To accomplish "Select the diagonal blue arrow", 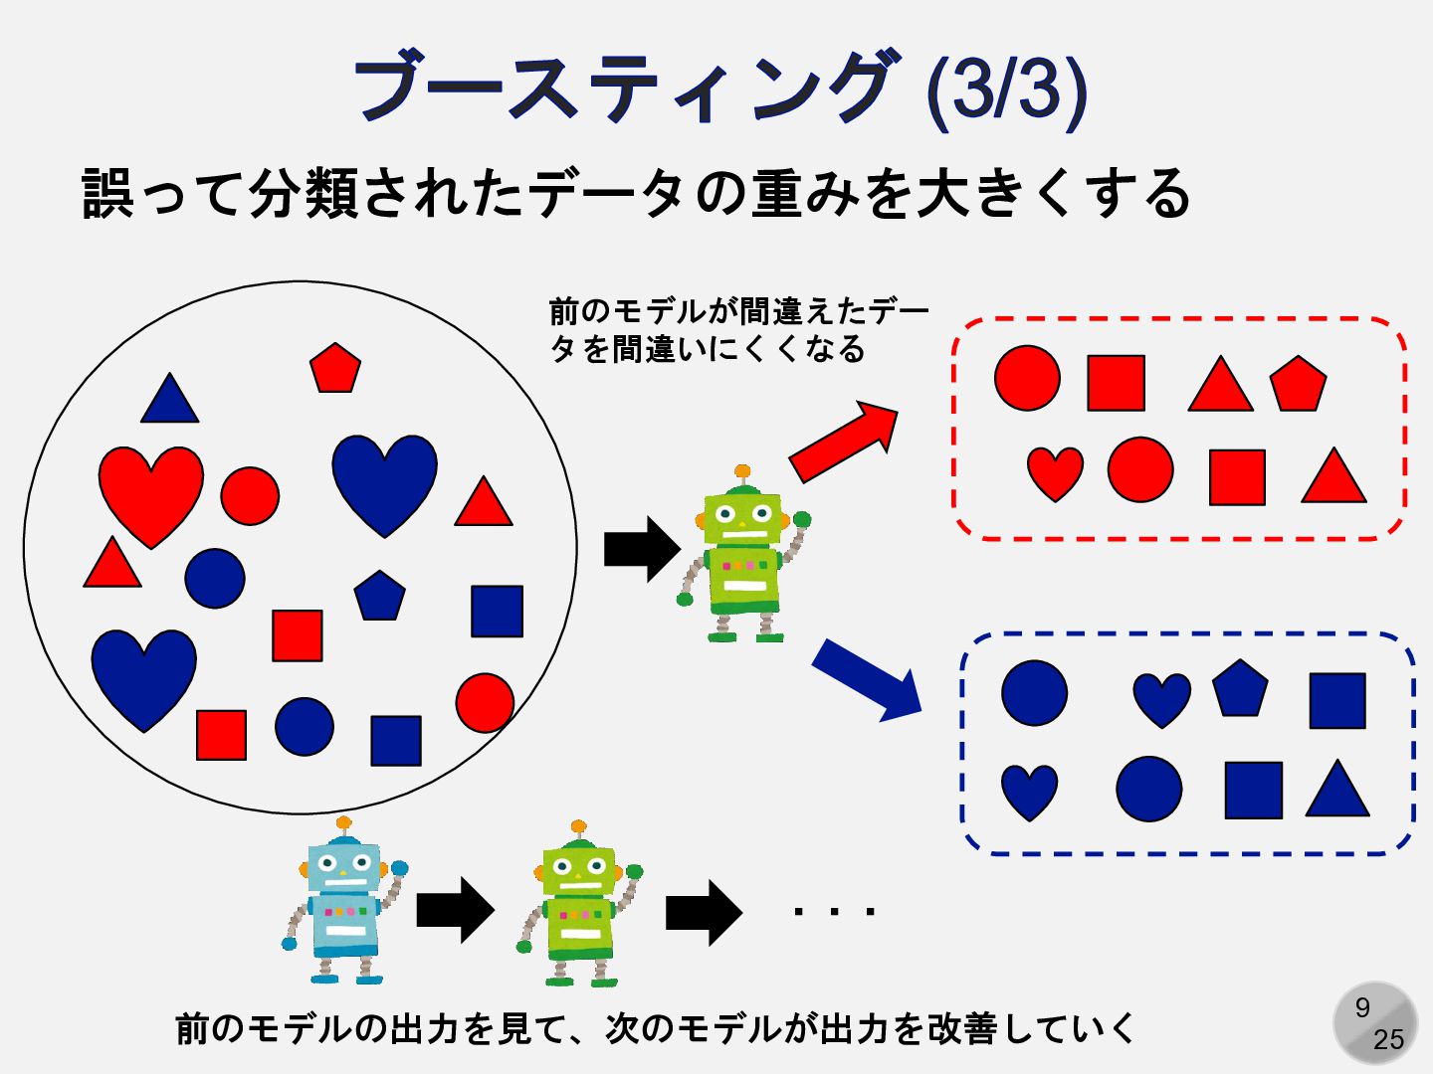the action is click(867, 681).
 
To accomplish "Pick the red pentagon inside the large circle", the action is click(334, 369).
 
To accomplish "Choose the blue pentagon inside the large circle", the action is click(379, 597).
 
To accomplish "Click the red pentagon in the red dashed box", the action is click(1298, 385).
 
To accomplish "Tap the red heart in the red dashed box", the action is click(1055, 472).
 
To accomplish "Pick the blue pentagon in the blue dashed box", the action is click(1240, 689).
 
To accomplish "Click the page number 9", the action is click(1362, 1007).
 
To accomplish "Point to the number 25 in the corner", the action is click(1388, 1039).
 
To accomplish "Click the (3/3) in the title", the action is click(1006, 89).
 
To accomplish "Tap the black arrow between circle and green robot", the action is click(642, 549).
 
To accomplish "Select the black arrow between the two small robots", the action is click(455, 909).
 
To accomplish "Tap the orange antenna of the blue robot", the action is click(344, 823).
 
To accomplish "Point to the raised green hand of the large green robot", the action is click(801, 519).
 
